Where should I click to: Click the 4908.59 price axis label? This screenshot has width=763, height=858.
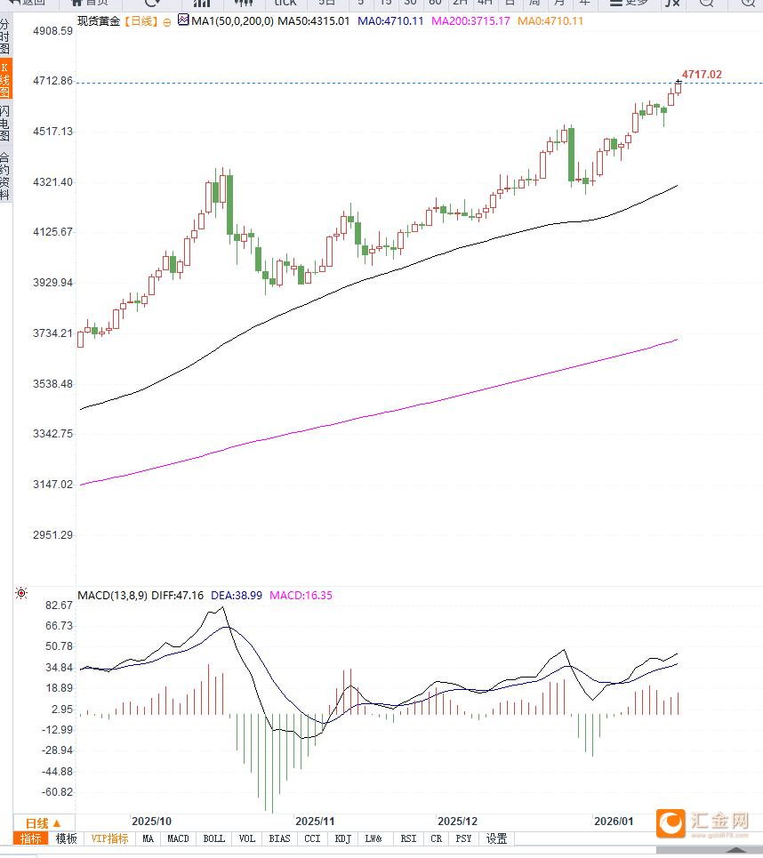(x=52, y=31)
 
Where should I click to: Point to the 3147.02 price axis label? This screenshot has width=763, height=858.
(x=52, y=485)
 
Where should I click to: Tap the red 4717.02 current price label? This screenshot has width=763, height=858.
(x=702, y=75)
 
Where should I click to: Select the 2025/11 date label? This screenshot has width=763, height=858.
(x=315, y=822)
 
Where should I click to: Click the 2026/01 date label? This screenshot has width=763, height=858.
(x=614, y=822)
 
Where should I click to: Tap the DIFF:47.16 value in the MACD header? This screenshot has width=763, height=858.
(x=177, y=595)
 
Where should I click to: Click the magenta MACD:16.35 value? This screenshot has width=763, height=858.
(x=301, y=595)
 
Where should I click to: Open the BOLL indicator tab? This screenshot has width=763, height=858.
(x=214, y=838)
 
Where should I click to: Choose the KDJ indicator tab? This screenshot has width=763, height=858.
(x=343, y=838)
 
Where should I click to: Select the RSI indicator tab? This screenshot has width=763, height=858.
(x=408, y=838)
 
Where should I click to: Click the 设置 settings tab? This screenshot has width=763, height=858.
(x=496, y=838)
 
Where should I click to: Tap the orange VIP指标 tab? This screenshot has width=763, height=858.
(x=110, y=838)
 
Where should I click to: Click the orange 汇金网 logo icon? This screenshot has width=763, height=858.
(x=671, y=823)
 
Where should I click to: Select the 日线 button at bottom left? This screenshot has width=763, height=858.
(x=43, y=823)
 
